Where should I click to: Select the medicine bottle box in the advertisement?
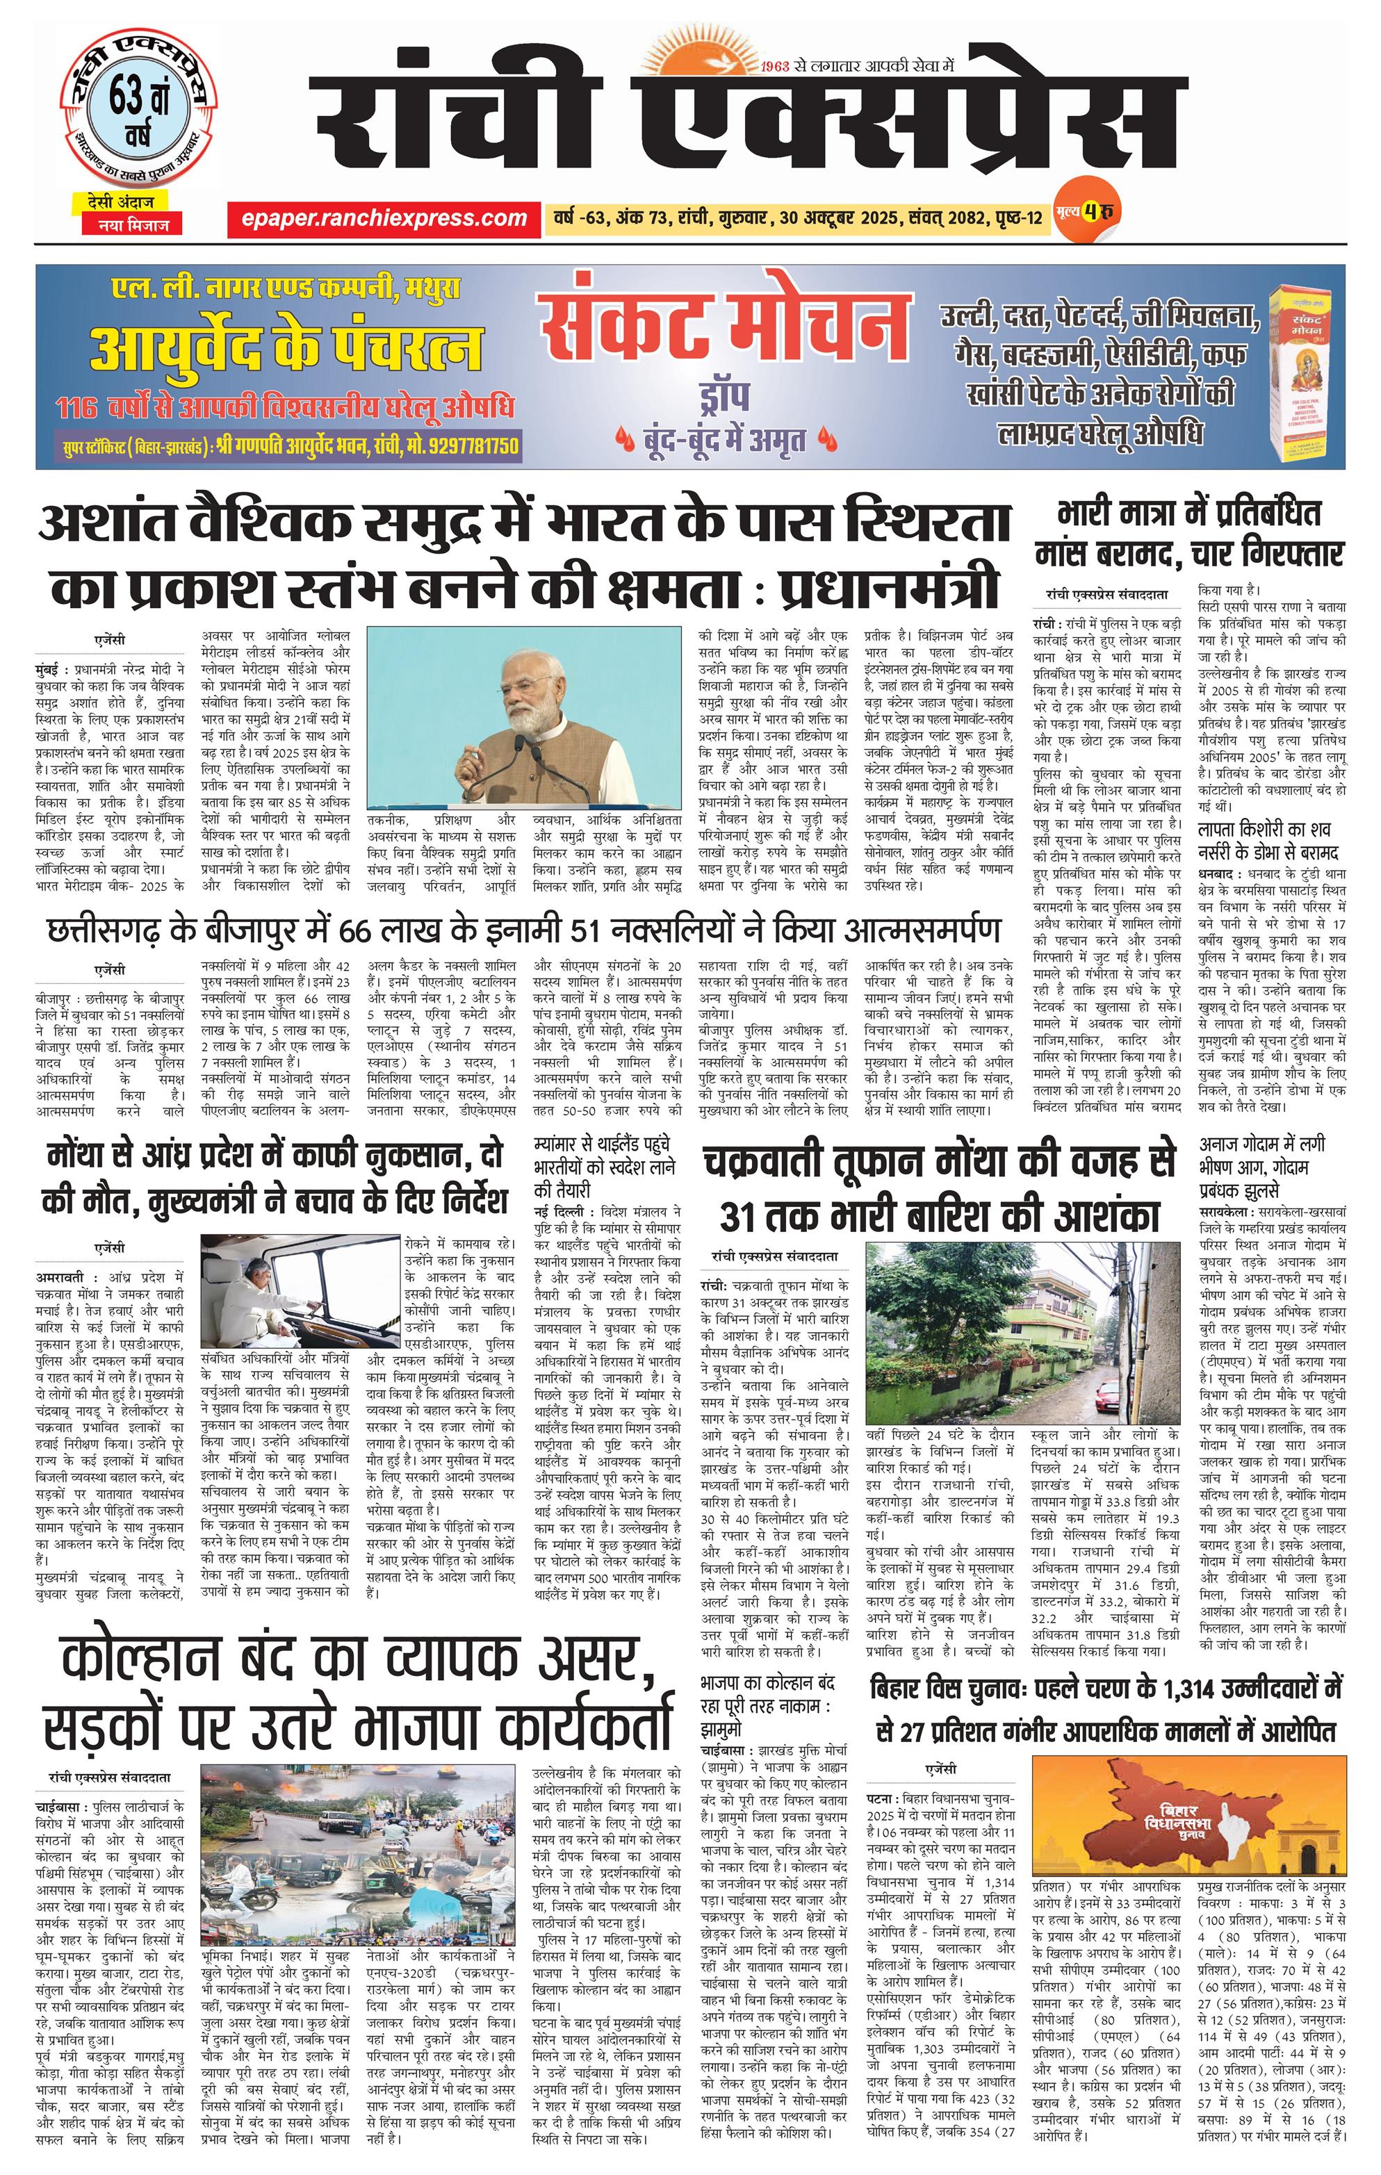click(1302, 371)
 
